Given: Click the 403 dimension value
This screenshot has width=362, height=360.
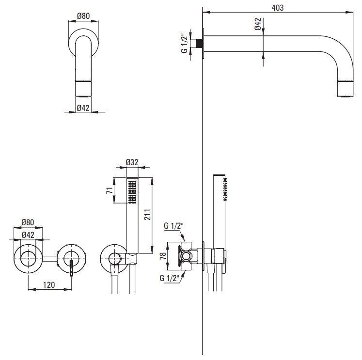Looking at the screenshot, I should [x=277, y=8].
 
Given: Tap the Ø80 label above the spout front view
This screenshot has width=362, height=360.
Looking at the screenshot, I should [x=83, y=16].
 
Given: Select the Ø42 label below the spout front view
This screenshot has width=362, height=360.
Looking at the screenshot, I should [x=83, y=109].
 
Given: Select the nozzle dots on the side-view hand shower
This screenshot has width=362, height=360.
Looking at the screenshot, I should [x=225, y=189].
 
